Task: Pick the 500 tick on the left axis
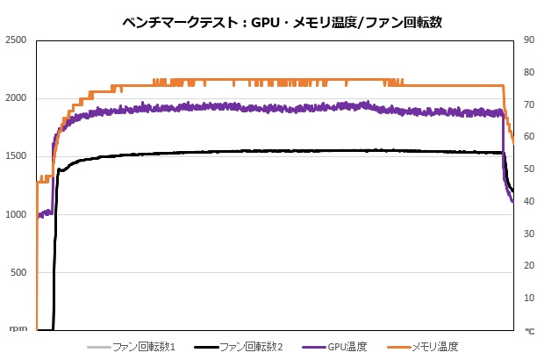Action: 18,272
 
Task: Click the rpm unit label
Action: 17,329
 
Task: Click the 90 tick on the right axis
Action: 529,40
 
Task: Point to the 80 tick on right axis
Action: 529,72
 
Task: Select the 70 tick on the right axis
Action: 529,104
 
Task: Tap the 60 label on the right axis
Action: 529,137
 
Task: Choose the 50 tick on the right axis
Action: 529,169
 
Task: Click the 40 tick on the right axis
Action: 529,201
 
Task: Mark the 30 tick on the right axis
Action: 529,234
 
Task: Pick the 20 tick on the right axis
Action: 529,265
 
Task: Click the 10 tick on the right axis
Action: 529,298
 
